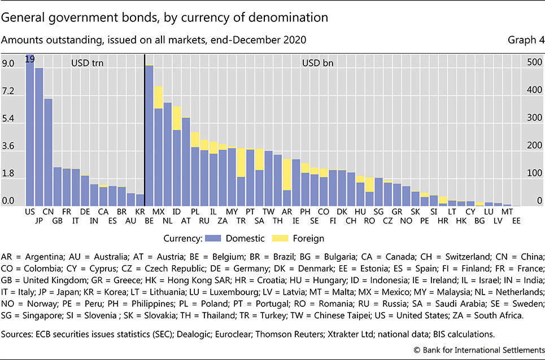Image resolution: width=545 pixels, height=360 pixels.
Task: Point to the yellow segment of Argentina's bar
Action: [287, 174]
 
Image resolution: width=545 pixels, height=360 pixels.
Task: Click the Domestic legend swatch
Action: [215, 238]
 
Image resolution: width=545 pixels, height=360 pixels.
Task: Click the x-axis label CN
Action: [48, 211]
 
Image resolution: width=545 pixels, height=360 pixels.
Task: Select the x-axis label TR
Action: [241, 221]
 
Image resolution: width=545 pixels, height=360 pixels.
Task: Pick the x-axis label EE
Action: [516, 221]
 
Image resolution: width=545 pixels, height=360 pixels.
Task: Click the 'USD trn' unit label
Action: [88, 64]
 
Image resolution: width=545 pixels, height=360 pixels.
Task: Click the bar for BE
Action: [149, 135]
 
